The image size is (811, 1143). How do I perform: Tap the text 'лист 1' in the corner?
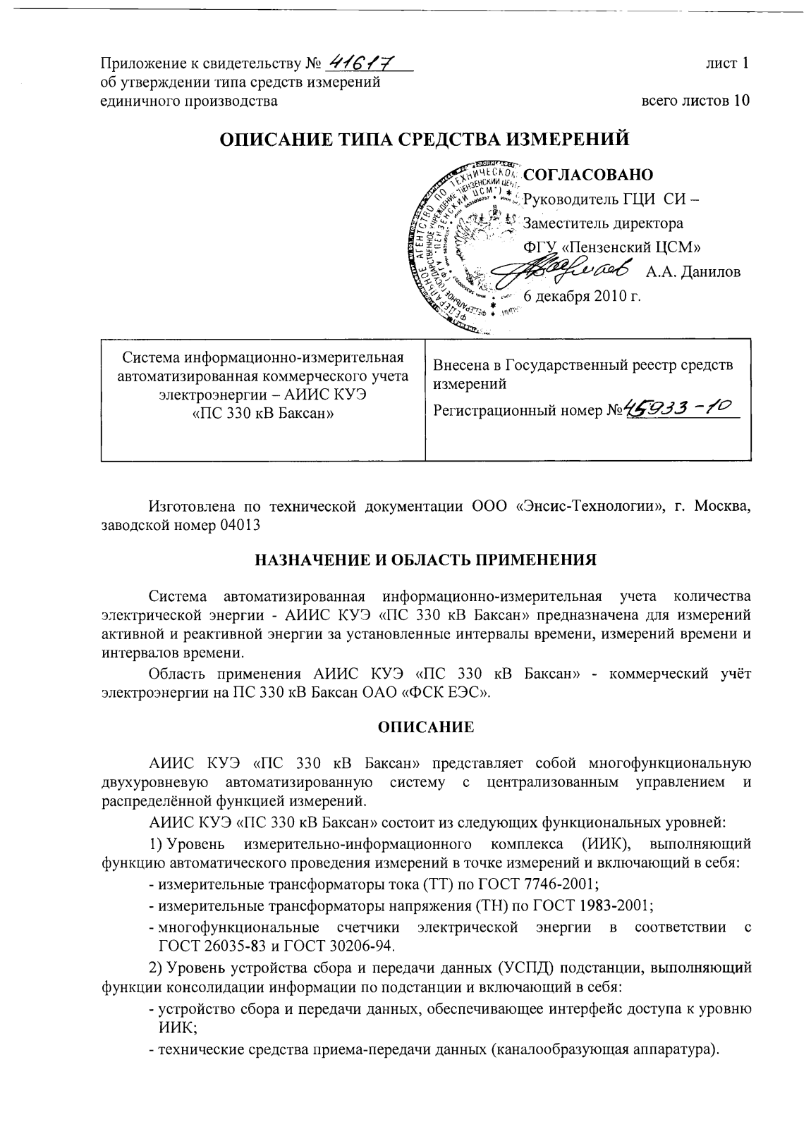pos(727,63)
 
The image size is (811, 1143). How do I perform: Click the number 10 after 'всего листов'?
pos(740,101)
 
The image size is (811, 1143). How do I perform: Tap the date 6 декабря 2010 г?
pos(582,296)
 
